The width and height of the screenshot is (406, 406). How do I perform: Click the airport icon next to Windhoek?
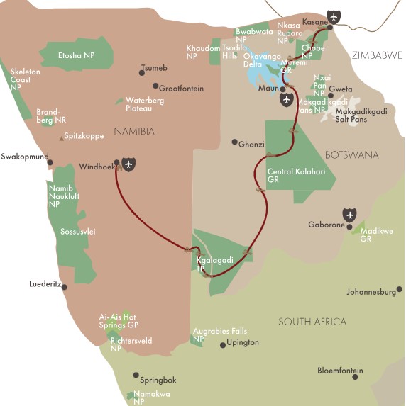click(x=128, y=164)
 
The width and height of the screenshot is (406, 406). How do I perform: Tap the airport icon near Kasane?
click(x=334, y=16)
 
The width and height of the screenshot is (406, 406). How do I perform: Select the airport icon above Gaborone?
click(x=349, y=214)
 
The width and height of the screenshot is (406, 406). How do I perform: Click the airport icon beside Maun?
click(x=286, y=99)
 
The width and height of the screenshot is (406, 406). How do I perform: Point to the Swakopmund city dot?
click(x=50, y=162)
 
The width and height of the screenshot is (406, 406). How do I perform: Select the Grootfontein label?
click(x=181, y=89)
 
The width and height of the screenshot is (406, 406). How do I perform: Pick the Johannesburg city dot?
click(x=400, y=288)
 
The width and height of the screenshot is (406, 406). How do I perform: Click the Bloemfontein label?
click(x=340, y=371)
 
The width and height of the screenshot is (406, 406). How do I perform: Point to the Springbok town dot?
click(x=136, y=376)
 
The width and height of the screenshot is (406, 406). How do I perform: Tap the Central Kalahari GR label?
click(x=291, y=176)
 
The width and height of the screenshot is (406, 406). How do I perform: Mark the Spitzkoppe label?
click(x=84, y=135)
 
